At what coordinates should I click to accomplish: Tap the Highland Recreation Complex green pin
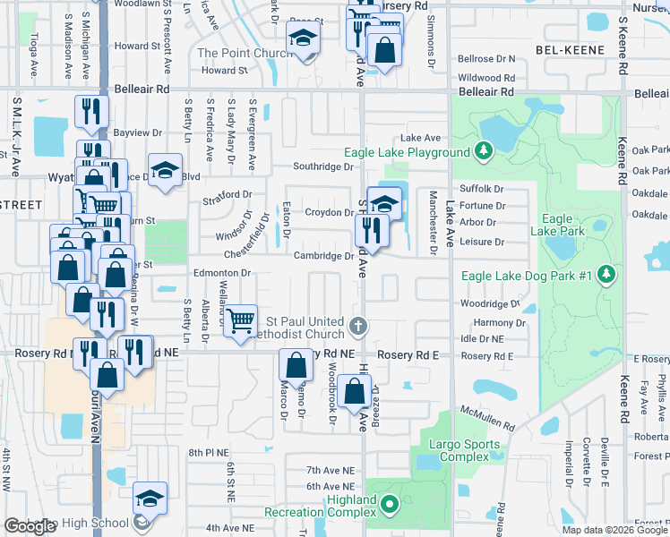(389, 507)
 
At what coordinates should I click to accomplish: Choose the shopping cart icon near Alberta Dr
(240, 320)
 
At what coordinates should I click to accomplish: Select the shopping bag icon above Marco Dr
(296, 364)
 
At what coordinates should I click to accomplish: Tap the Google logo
(30, 527)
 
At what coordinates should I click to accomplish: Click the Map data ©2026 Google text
(614, 530)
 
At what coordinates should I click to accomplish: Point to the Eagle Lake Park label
(557, 225)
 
